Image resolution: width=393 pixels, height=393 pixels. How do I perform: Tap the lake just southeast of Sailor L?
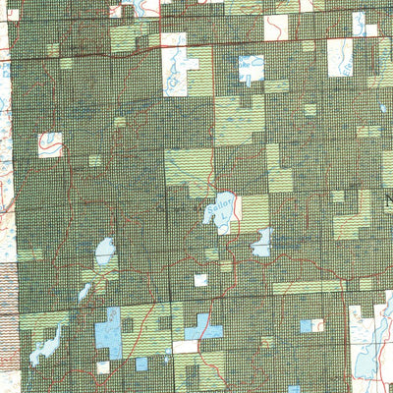[x=262, y=241]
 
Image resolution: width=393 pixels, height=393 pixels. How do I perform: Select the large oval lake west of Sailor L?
[x=105, y=253]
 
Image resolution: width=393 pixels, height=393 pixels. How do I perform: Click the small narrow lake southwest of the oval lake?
[x=84, y=292]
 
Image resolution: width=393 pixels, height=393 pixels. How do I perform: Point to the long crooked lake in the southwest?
[x=46, y=345]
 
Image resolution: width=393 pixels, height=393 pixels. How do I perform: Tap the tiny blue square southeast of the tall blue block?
[x=141, y=364]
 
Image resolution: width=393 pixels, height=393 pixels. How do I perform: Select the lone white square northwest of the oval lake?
[x=49, y=144]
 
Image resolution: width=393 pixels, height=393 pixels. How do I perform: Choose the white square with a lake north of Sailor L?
[x=252, y=70]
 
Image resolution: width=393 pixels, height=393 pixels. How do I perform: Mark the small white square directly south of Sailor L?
[x=200, y=280]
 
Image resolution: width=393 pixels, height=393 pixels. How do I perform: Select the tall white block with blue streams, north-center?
[x=175, y=65]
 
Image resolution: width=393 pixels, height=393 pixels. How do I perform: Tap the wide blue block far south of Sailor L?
[x=202, y=327]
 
